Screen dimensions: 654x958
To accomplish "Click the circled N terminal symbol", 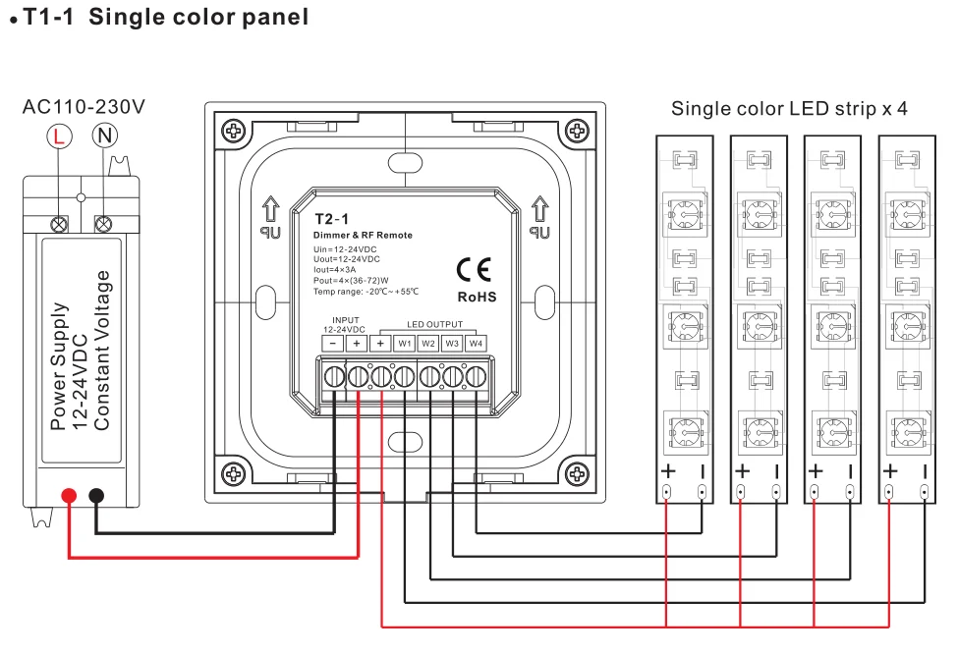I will click(x=102, y=136).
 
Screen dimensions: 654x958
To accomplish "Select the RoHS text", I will click(x=478, y=297).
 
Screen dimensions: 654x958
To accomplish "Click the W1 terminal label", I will click(x=405, y=344).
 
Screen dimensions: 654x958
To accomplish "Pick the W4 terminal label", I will click(x=476, y=344).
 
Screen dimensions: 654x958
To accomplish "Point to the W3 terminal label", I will click(x=452, y=344).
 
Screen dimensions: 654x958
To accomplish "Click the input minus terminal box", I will click(x=334, y=344).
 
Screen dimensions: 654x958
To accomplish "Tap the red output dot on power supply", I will click(x=69, y=496).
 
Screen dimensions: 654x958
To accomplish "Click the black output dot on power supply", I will click(x=96, y=496).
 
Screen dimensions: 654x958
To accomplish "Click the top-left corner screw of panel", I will click(x=233, y=131).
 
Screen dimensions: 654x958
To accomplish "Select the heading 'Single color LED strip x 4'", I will click(x=789, y=108).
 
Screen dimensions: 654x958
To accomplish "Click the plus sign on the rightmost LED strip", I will click(x=890, y=470).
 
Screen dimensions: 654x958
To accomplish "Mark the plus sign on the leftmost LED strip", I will click(x=667, y=470).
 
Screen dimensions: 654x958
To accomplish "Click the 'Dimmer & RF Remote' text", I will click(x=363, y=236).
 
